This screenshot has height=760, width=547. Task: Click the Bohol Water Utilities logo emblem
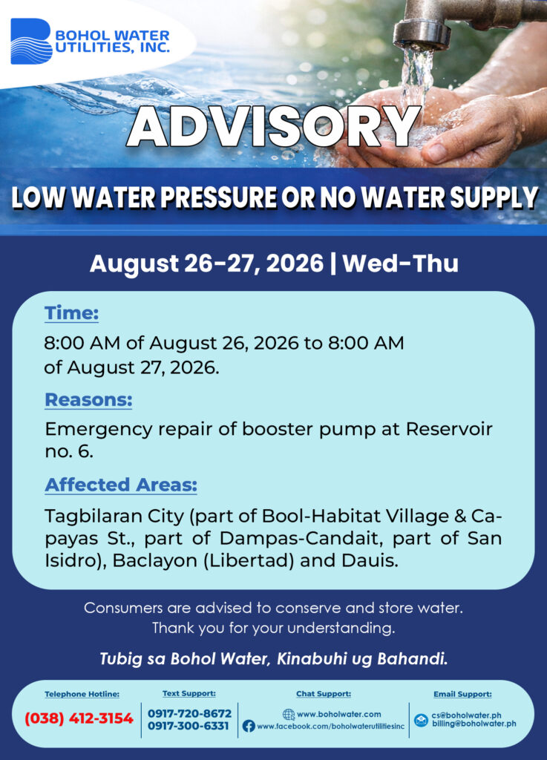click(x=31, y=42)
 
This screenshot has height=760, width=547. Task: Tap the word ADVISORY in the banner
click(x=273, y=126)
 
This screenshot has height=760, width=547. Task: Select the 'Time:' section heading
click(x=72, y=313)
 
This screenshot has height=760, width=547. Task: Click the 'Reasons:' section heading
click(x=88, y=400)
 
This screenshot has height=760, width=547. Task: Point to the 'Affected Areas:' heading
click(x=121, y=485)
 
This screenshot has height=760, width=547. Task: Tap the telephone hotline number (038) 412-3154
click(x=79, y=718)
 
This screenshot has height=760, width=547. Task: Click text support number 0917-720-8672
click(x=189, y=713)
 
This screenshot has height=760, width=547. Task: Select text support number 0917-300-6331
click(x=188, y=726)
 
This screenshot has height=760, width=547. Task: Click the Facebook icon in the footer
click(x=249, y=726)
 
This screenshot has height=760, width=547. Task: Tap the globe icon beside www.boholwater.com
click(x=288, y=714)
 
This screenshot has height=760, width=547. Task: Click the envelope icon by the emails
click(x=421, y=720)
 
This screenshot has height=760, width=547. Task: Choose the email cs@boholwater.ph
click(x=466, y=715)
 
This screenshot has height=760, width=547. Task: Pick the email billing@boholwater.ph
click(x=474, y=724)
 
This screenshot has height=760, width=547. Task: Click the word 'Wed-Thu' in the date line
click(x=400, y=263)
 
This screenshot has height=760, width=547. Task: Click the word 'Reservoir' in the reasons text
click(x=449, y=429)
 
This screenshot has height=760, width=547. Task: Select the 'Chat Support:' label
click(x=324, y=694)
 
